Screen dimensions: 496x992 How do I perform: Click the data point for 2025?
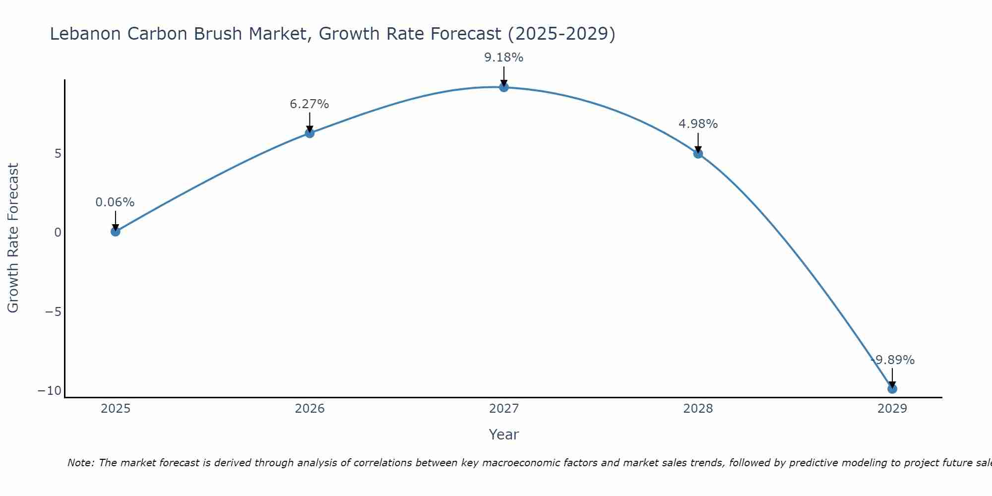coord(116,231)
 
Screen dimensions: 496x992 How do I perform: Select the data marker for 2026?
coord(310,133)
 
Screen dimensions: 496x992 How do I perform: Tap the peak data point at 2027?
coord(504,87)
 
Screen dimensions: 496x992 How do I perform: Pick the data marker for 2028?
coord(698,154)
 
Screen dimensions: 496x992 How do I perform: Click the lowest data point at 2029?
coord(892,389)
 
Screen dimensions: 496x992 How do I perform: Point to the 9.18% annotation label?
coord(504,58)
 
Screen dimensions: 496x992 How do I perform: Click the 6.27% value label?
coord(310,104)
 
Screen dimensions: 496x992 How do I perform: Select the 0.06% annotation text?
coord(115,202)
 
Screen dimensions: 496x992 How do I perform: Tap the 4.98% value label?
coord(698,124)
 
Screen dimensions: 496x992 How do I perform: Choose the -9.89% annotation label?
coord(893,360)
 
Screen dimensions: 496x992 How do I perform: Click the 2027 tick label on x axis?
coord(504,409)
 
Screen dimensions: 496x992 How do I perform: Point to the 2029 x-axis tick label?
coord(892,409)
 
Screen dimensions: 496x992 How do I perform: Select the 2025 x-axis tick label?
coord(116,409)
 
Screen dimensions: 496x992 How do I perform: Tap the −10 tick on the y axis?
coord(50,391)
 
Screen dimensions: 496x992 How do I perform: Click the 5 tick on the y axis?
coord(58,153)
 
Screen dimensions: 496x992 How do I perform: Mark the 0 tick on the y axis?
coord(58,232)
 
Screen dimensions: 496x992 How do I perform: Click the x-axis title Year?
coord(504,434)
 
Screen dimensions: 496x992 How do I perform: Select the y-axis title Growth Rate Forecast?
coord(13,238)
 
